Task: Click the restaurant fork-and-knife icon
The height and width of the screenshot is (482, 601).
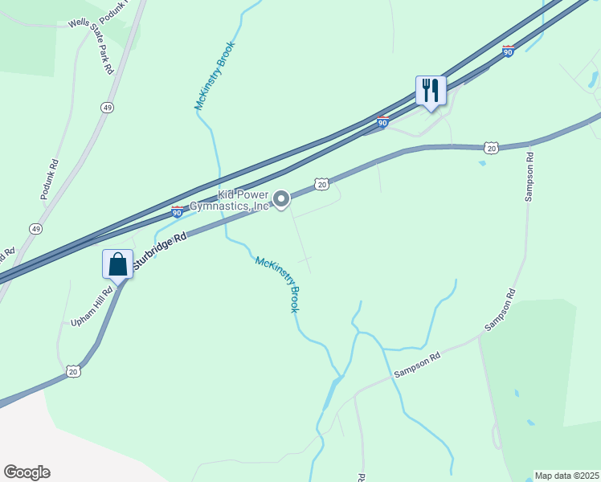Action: (431, 91)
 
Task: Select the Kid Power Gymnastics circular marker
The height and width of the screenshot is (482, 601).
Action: (281, 198)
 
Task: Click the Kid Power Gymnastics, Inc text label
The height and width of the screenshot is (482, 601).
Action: (231, 201)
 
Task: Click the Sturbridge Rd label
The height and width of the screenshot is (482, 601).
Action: (159, 250)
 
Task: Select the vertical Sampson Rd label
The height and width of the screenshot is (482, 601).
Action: (529, 176)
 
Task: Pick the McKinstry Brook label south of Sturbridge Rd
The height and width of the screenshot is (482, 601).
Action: (278, 284)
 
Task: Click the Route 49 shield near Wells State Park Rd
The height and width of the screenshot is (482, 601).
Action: (107, 107)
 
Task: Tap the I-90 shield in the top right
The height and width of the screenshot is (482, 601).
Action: (508, 51)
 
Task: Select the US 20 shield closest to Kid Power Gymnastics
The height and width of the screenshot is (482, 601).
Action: (321, 185)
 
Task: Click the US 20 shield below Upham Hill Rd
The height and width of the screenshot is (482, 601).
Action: (73, 370)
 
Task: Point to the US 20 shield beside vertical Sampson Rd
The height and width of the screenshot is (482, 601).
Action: (492, 148)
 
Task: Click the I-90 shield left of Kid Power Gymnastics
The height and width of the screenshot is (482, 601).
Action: (177, 211)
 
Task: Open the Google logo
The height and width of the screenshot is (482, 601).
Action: (27, 472)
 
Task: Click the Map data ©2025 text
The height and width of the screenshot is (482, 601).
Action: (566, 476)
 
